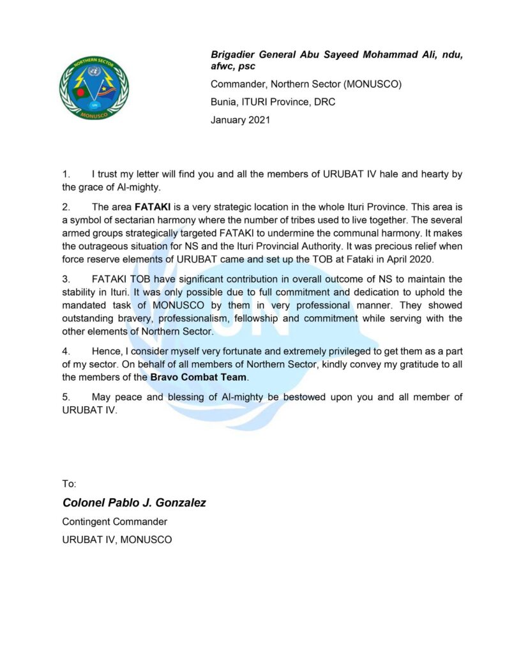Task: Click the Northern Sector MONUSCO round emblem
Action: (x=93, y=87)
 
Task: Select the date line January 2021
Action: (x=240, y=119)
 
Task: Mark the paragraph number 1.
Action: (x=65, y=173)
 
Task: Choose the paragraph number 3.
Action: (x=65, y=279)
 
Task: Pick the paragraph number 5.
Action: (x=65, y=397)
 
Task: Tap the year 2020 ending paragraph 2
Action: (x=419, y=259)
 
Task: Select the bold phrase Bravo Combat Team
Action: (x=199, y=377)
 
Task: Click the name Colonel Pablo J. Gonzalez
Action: (x=134, y=503)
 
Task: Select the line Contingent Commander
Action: (x=114, y=522)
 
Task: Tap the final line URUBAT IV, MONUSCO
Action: (x=117, y=540)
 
